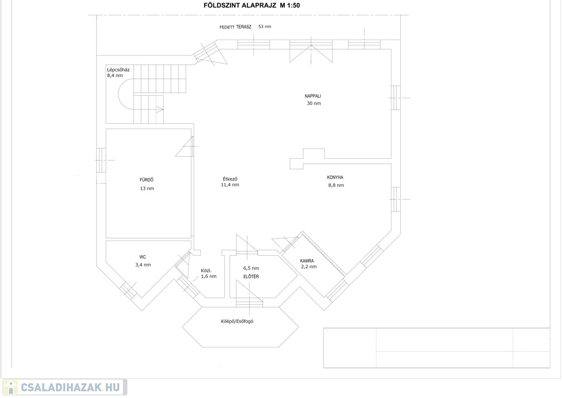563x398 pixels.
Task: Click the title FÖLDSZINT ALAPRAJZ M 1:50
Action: tap(251, 5)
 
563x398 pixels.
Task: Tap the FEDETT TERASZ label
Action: tap(235, 27)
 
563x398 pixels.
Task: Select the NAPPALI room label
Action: tap(313, 96)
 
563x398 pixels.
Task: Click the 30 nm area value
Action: tap(314, 103)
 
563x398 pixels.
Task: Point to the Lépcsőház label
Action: tap(118, 70)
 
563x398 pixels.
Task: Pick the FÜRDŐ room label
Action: tap(146, 180)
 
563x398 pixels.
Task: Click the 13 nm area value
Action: tap(147, 189)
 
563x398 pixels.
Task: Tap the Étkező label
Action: tap(230, 179)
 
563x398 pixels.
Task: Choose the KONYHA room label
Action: tap(335, 178)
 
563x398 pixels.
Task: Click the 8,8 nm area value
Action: tap(336, 186)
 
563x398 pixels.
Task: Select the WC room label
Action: tap(142, 257)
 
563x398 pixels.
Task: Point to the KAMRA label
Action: tap(307, 261)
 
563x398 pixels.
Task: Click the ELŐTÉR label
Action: tap(251, 277)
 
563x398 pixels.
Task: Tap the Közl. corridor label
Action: tap(206, 270)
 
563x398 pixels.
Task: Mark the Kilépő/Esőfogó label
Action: tap(237, 321)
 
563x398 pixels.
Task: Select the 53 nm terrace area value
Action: tap(264, 26)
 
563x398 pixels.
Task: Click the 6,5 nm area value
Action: tap(251, 268)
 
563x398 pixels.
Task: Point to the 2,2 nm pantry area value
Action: tap(309, 267)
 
